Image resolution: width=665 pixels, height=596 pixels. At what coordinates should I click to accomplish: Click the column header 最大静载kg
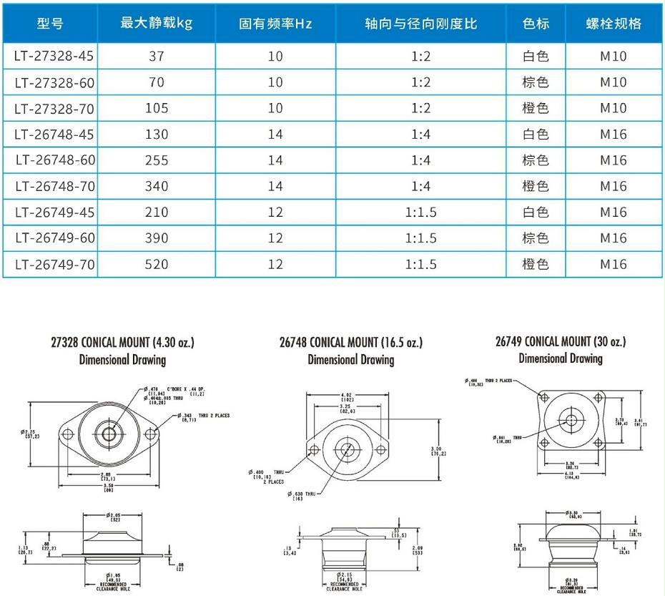click(x=157, y=24)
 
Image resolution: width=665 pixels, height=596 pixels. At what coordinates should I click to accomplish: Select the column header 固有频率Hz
click(x=275, y=24)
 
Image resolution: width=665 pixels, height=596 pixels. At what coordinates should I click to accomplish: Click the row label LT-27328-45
click(x=54, y=57)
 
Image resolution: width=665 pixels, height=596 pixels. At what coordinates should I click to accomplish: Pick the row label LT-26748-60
click(x=54, y=160)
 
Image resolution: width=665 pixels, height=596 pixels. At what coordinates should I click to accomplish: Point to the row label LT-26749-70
click(x=54, y=264)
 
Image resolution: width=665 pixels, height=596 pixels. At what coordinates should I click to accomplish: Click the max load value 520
click(x=157, y=264)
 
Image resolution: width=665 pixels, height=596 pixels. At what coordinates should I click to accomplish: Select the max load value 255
click(x=157, y=160)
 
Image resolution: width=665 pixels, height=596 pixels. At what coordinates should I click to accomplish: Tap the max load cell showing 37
click(x=157, y=57)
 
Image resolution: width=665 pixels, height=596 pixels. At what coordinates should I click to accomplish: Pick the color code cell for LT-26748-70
click(x=536, y=186)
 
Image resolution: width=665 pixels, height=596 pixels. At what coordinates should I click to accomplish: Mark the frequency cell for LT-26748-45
click(x=275, y=135)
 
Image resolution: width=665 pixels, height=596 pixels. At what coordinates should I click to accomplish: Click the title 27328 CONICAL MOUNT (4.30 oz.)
click(x=122, y=343)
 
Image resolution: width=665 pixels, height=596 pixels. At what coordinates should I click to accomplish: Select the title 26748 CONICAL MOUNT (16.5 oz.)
click(x=350, y=343)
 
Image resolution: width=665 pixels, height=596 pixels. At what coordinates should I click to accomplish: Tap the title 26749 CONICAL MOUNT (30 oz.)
click(x=561, y=341)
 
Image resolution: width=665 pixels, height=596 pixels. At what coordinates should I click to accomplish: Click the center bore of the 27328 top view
click(x=108, y=434)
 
